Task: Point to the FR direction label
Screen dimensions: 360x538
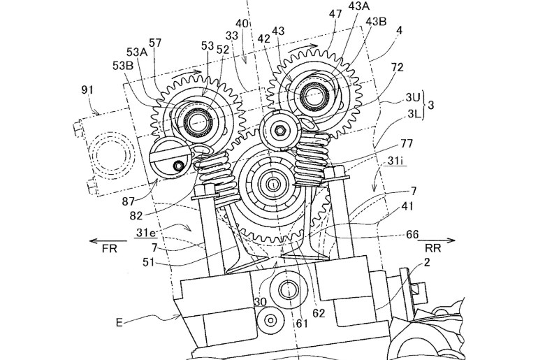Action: coord(109,248)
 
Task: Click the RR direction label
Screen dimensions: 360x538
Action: coord(432,248)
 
